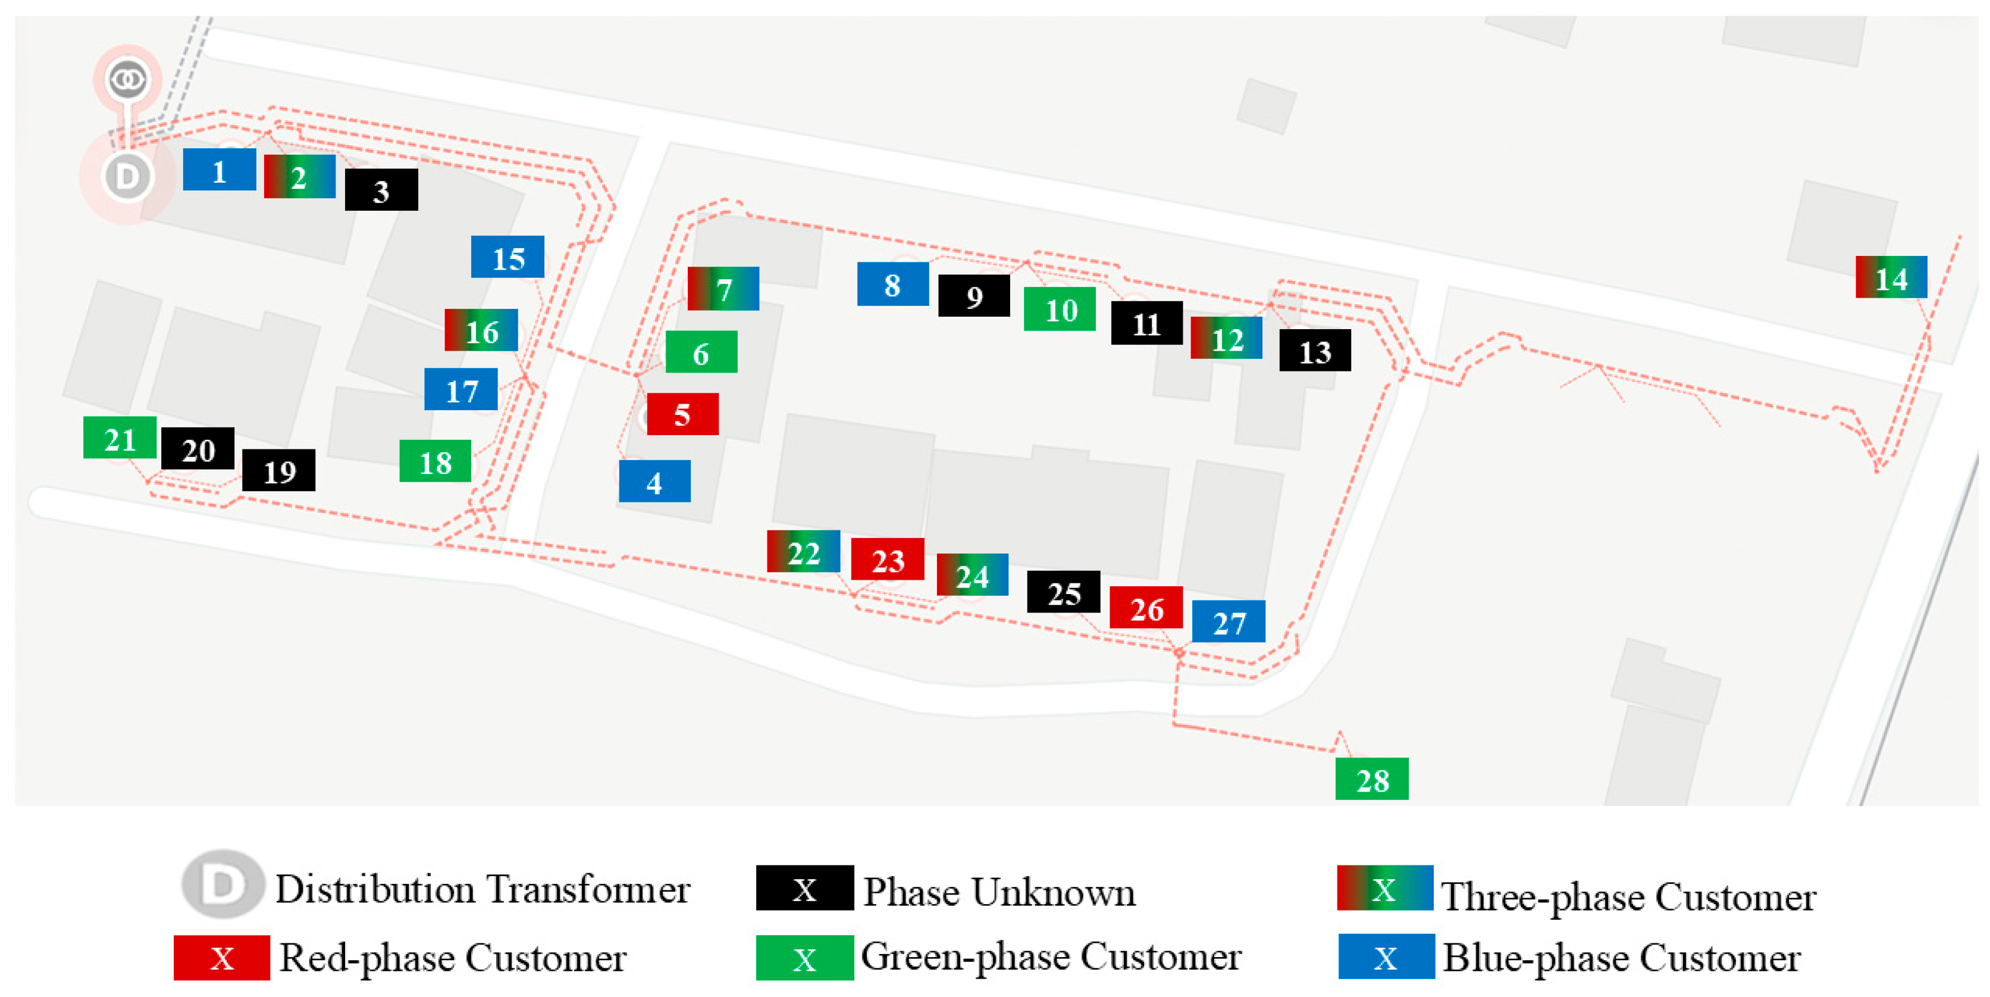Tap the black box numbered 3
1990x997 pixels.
click(x=381, y=190)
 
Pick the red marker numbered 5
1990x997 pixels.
click(x=682, y=414)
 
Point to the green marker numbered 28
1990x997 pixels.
click(x=1371, y=779)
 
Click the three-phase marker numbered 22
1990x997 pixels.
click(x=803, y=552)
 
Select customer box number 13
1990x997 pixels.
click(x=1315, y=351)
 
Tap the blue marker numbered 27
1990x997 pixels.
click(x=1229, y=621)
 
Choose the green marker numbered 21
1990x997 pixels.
click(x=120, y=438)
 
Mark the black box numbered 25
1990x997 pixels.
click(x=1063, y=592)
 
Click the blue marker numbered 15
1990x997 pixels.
click(x=507, y=257)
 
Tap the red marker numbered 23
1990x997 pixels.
click(x=887, y=560)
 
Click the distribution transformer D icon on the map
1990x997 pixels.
click(x=127, y=177)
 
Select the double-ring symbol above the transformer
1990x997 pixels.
click(x=127, y=79)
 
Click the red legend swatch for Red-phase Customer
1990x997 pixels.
click(x=222, y=958)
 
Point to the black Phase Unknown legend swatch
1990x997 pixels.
click(x=804, y=888)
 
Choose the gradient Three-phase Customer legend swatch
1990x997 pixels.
click(x=1384, y=888)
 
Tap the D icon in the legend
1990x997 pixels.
click(x=222, y=884)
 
